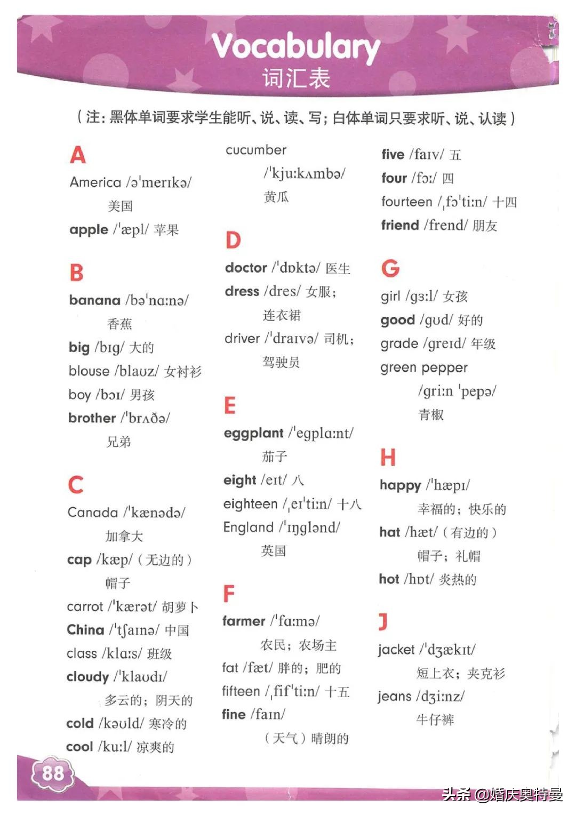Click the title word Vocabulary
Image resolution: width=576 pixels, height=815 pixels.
tap(296, 47)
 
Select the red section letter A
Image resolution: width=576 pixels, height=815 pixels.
tap(78, 155)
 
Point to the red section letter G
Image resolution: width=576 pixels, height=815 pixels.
tap(390, 268)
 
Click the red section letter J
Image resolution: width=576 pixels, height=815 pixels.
tap(383, 621)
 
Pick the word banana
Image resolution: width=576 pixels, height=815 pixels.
tap(95, 300)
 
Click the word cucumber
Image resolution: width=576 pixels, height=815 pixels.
tap(256, 150)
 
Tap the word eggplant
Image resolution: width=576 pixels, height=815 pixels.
tap(253, 433)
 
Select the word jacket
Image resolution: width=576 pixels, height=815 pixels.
tap(396, 650)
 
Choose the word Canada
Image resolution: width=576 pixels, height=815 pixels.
tap(93, 513)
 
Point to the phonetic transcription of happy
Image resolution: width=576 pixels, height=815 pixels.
tap(448, 485)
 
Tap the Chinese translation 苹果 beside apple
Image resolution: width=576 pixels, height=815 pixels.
tap(166, 230)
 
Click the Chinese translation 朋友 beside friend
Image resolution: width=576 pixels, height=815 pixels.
tap(484, 226)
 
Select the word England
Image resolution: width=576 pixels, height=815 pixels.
tap(249, 528)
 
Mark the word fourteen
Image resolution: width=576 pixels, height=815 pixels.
tap(407, 202)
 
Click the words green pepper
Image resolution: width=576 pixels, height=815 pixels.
tap(424, 367)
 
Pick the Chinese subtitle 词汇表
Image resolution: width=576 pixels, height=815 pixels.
tap(296, 78)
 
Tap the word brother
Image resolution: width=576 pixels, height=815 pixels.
tap(92, 418)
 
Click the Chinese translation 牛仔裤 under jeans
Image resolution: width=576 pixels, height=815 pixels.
tap(435, 720)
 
